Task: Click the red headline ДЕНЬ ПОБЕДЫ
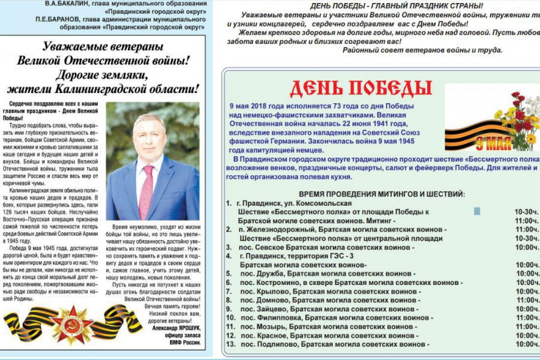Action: coord(361,88)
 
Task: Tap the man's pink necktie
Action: coord(146,191)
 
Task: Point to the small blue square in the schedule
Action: coord(477,211)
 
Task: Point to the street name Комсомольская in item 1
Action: coord(319,203)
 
